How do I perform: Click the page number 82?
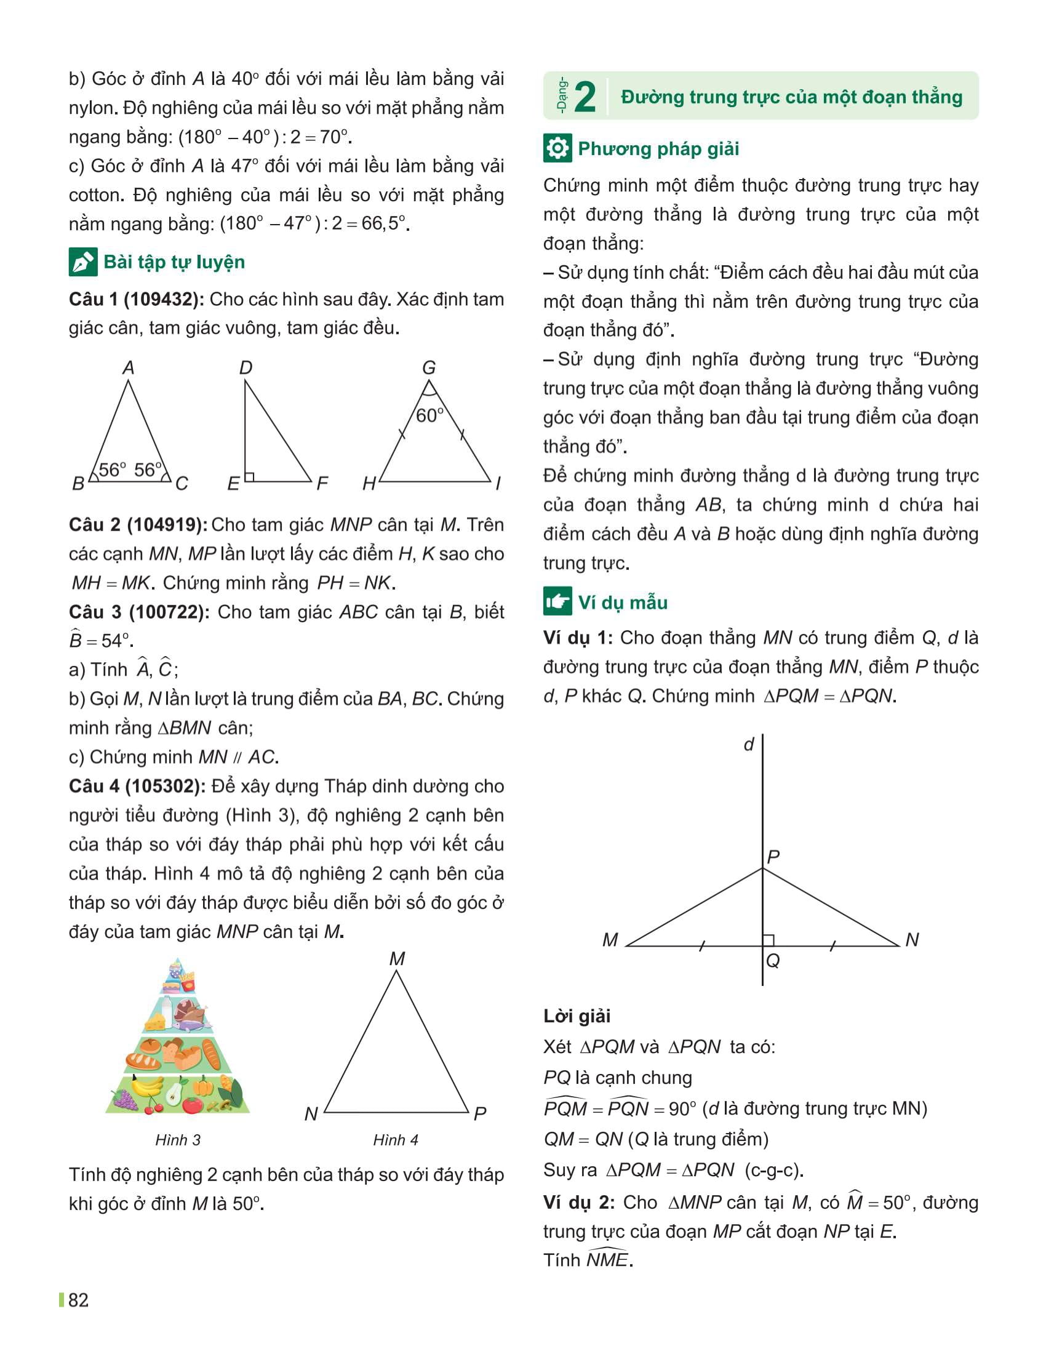point(78,1299)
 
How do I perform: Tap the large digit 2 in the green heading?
point(585,97)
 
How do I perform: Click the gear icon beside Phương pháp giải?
point(557,148)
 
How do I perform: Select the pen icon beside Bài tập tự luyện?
point(82,262)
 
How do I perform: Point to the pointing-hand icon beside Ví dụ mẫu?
point(557,601)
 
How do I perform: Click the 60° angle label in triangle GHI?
point(429,415)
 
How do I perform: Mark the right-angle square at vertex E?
point(249,477)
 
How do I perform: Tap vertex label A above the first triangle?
point(128,367)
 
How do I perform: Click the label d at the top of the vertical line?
point(749,744)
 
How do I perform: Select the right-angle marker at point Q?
point(769,940)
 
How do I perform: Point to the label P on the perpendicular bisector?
point(773,857)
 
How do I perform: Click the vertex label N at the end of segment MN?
point(911,940)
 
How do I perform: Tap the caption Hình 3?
point(178,1139)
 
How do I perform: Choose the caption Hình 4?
point(396,1139)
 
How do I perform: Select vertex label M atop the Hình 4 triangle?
point(397,959)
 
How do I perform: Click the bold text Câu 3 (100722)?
point(139,612)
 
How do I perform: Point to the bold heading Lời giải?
point(577,1016)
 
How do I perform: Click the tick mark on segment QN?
point(833,946)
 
